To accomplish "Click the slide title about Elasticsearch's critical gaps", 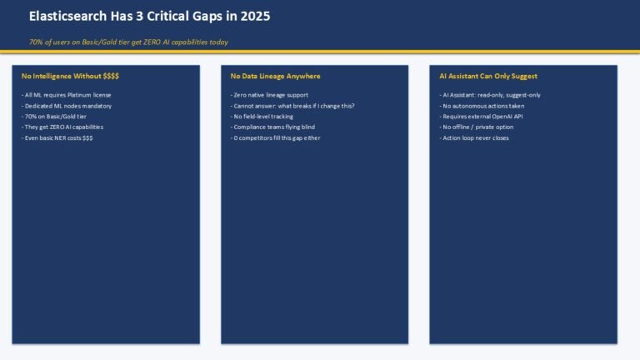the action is [149, 17].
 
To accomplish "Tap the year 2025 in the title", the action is [255, 17].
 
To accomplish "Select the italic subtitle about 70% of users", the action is [128, 42].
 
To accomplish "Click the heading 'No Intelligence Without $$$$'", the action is [70, 76].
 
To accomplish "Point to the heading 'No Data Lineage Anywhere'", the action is [276, 76].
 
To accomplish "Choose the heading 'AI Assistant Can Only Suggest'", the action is [488, 76].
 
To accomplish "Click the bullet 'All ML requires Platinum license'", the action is [66, 95].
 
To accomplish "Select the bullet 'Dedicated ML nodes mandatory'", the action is [67, 106].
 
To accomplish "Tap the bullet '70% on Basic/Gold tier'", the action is [54, 117].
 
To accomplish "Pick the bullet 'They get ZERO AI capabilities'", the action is [62, 127].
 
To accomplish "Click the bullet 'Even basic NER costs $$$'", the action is [57, 138].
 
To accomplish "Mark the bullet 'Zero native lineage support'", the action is [269, 95].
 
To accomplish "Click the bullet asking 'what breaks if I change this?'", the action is [292, 106].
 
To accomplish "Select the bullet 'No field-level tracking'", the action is [262, 117].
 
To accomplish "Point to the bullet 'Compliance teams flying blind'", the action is [272, 127].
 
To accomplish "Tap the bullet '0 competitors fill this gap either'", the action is [276, 138].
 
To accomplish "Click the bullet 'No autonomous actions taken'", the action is [482, 106].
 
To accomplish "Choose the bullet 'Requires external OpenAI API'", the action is [481, 117].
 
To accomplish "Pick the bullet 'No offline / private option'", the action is [477, 127].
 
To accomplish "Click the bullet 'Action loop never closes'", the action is [474, 138].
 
